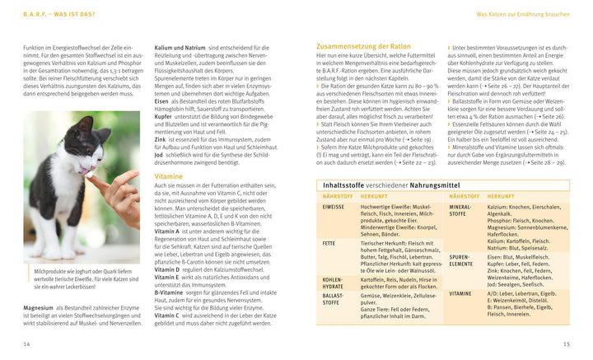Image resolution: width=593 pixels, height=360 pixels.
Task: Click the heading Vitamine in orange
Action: pos(169,176)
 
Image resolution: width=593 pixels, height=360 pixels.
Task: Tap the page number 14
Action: pos(26,343)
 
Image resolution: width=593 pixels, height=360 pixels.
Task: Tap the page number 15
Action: pos(566,343)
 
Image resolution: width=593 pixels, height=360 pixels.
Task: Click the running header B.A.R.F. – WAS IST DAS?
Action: pos(58,14)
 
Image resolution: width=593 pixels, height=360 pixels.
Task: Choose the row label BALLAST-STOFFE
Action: pos(333,297)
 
